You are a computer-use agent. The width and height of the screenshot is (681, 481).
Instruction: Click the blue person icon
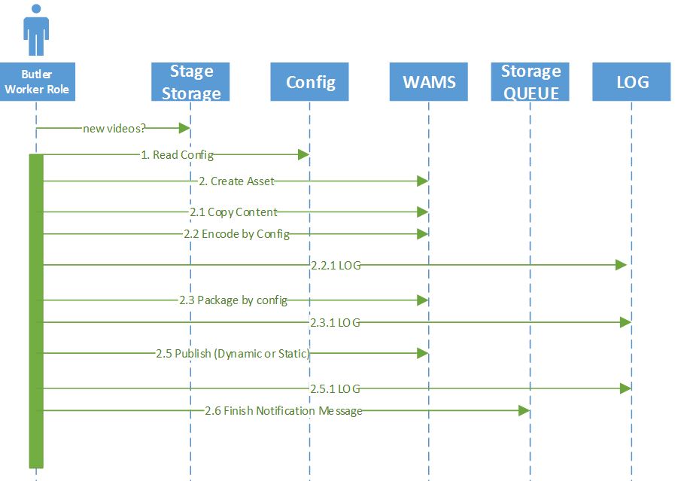(x=35, y=29)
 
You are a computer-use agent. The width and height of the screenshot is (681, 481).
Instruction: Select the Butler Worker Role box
(x=36, y=82)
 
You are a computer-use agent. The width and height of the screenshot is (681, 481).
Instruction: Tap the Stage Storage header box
(x=190, y=82)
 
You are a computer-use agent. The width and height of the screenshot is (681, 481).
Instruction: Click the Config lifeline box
(x=309, y=82)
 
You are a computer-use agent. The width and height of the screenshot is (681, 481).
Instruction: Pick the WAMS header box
(x=428, y=82)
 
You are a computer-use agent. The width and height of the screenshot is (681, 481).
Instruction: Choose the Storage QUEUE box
(x=531, y=82)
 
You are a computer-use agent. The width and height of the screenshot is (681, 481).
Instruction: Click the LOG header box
(x=631, y=82)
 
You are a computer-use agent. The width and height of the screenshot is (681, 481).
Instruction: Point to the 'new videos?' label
(x=114, y=128)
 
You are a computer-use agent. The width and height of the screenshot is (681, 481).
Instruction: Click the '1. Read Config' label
(x=177, y=155)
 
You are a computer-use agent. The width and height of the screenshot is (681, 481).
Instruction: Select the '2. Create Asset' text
(x=237, y=181)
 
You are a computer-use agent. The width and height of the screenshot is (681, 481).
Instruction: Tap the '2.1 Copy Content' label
(x=233, y=212)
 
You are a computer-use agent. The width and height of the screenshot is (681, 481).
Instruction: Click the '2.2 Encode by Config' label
(x=236, y=234)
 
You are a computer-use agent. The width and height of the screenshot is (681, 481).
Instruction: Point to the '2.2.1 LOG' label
(x=336, y=265)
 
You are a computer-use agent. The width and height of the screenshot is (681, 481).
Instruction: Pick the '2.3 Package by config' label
(x=233, y=300)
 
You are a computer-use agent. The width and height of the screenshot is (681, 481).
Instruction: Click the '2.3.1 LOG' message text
(x=336, y=322)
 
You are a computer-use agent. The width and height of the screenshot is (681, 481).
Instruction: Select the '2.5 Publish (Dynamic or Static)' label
(x=233, y=353)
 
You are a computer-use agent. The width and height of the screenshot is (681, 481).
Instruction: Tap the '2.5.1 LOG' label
(x=336, y=388)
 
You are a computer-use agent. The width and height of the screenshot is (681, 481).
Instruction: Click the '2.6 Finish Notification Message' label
(x=283, y=411)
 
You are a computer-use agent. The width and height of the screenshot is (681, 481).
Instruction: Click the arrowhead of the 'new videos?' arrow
(x=184, y=128)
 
